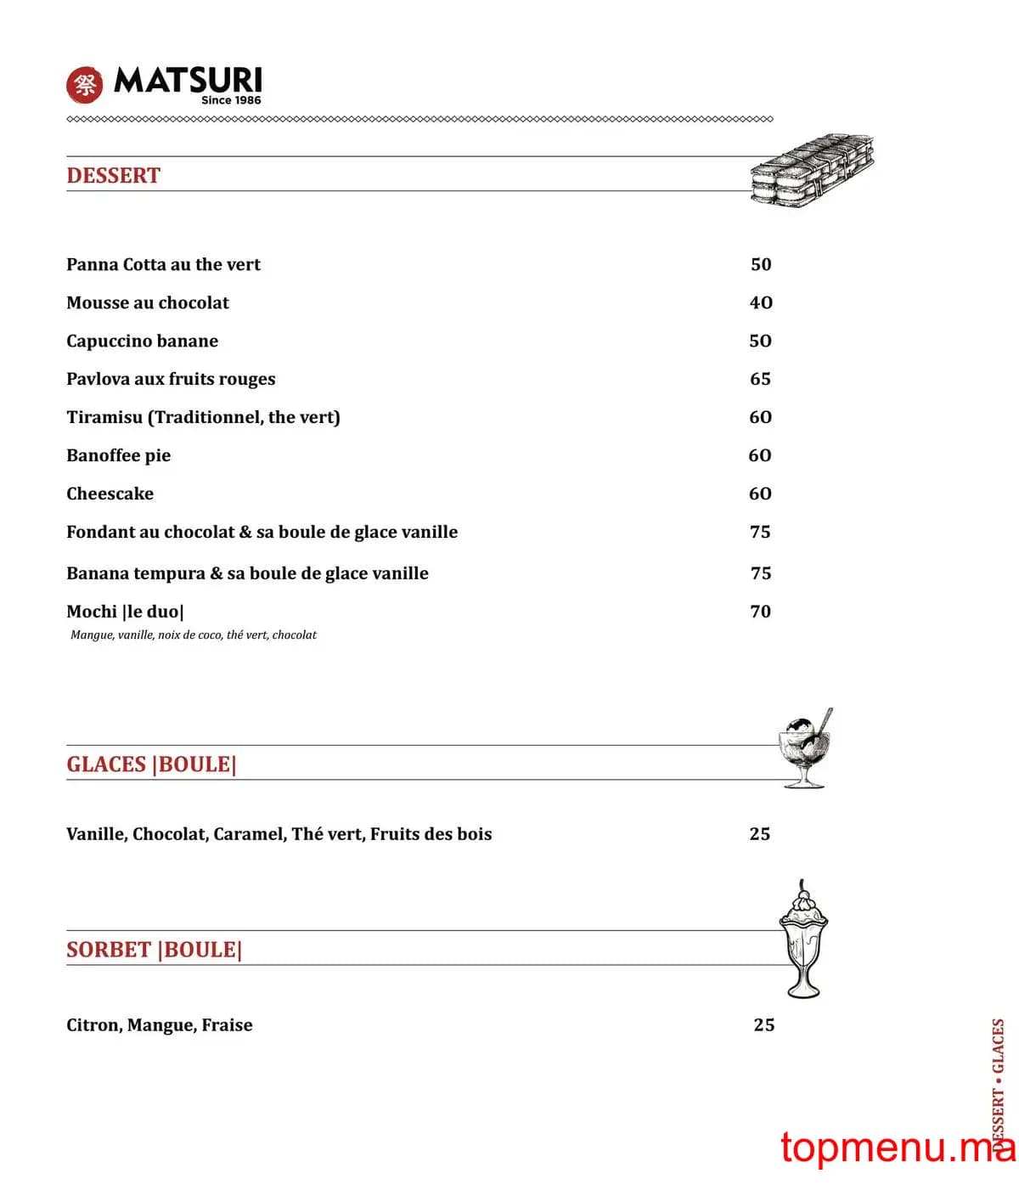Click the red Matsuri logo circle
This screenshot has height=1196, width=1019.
[84, 84]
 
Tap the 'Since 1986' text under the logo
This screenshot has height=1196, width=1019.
[231, 100]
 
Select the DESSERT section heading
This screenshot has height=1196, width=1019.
[113, 176]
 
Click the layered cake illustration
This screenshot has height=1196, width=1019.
[812, 171]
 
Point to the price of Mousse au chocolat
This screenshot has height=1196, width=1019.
[761, 302]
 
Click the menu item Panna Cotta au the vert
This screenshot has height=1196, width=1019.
[163, 264]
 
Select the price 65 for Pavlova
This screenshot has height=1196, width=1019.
[760, 379]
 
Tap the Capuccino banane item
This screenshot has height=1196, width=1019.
[142, 341]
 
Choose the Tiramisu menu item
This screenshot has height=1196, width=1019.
[203, 417]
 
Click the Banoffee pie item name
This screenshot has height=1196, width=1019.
[118, 455]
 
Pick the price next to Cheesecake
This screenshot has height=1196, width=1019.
[760, 494]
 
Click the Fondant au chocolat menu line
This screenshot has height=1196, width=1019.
[262, 532]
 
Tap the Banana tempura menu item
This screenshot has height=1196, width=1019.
[247, 573]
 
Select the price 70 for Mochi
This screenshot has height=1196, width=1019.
[760, 612]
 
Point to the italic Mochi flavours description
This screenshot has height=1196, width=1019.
[194, 635]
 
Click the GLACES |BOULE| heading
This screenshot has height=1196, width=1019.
[151, 764]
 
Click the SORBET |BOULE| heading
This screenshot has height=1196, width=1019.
[154, 950]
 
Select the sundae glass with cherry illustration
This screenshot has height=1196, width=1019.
[803, 939]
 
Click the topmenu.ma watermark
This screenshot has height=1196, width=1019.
[897, 1147]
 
